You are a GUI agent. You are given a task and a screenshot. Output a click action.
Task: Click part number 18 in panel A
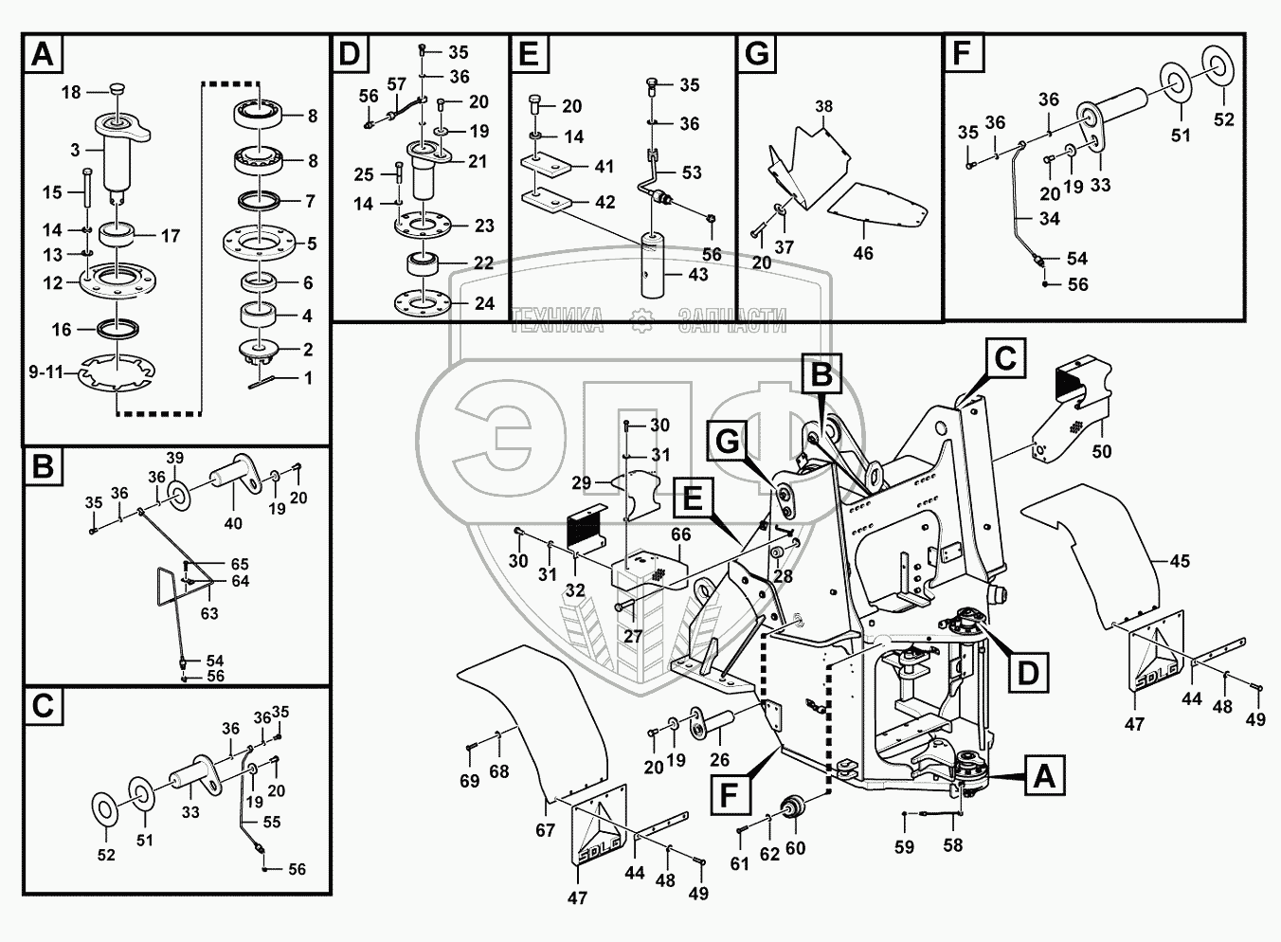click(72, 92)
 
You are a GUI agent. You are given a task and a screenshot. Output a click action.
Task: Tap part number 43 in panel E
click(697, 274)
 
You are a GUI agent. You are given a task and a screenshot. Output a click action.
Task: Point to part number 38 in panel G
click(823, 107)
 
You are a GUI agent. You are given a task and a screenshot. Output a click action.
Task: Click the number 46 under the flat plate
click(863, 253)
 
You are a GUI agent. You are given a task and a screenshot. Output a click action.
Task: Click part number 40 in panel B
click(233, 522)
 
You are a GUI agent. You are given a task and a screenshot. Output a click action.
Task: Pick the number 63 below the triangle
click(209, 613)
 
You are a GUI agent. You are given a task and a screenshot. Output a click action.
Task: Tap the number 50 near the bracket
click(1101, 452)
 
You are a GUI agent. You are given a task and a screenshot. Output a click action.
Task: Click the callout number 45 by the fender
click(1179, 561)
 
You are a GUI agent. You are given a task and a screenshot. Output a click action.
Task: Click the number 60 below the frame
click(796, 847)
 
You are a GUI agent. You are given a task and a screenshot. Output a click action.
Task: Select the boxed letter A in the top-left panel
click(43, 54)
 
